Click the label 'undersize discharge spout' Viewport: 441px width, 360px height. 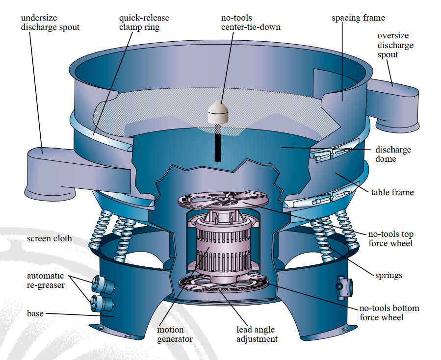[x=50, y=23]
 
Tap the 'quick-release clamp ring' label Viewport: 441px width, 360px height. [x=139, y=23]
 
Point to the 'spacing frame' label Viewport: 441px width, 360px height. [x=358, y=18]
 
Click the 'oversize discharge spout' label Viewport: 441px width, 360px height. [x=395, y=45]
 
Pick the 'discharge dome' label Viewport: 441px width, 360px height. [x=393, y=154]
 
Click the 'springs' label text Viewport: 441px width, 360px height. [x=388, y=275]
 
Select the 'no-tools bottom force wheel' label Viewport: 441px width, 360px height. [x=389, y=312]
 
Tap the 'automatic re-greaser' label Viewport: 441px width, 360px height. [x=45, y=280]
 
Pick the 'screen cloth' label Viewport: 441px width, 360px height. [x=49, y=239]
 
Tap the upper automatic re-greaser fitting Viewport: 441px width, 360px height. [x=99, y=283]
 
